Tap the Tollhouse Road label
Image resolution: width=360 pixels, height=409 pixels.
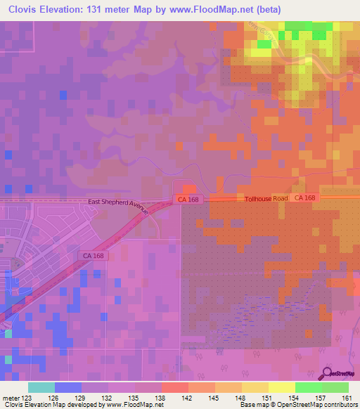266,199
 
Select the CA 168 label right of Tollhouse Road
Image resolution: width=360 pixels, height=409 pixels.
305,198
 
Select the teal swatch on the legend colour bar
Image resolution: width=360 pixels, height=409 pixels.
41,387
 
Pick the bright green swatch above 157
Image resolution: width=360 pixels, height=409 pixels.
308,387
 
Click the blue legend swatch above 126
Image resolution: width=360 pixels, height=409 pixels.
68,387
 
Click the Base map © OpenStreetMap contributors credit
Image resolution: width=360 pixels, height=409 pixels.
296,404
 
